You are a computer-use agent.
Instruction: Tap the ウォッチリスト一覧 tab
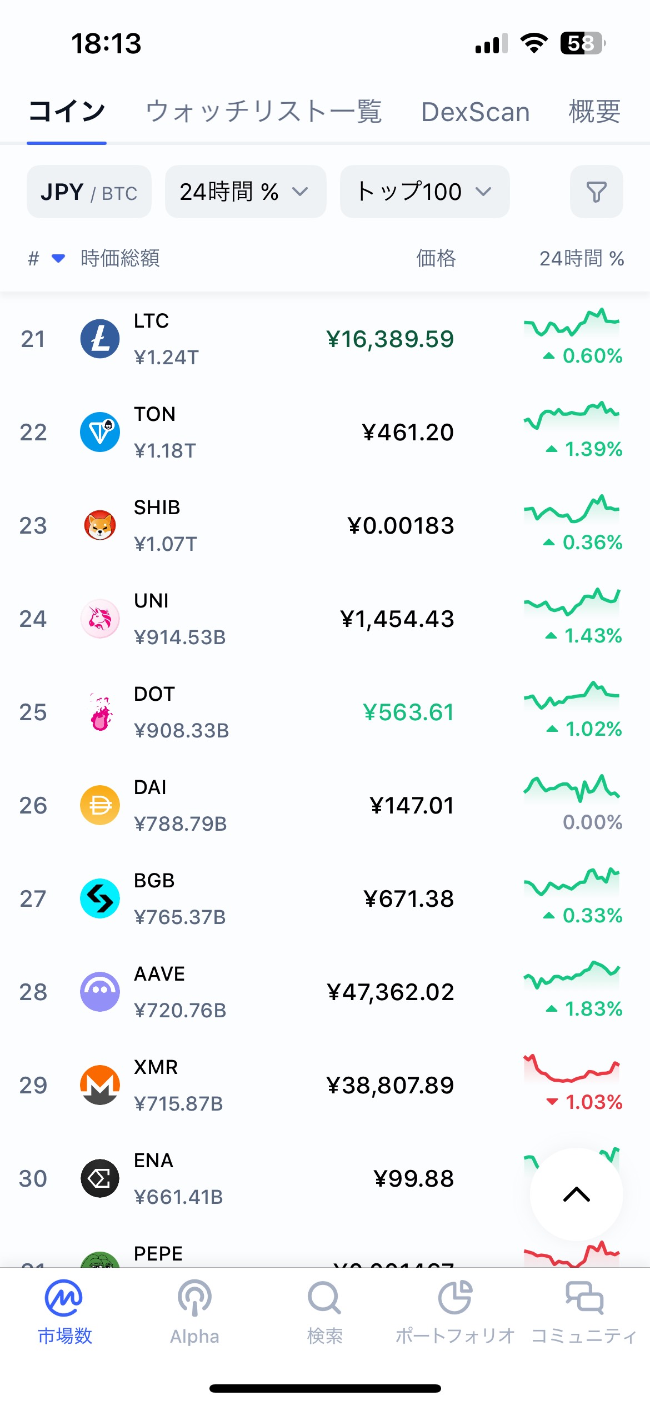[x=263, y=112]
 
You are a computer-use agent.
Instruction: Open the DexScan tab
[x=475, y=112]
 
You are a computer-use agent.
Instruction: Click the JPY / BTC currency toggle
[x=89, y=192]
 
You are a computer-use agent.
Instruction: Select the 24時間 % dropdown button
[x=245, y=192]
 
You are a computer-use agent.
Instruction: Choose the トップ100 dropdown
[x=424, y=192]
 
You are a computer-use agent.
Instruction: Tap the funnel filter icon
[x=596, y=192]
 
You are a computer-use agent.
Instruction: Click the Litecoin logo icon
[x=100, y=339]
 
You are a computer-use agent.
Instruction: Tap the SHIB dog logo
[x=100, y=525]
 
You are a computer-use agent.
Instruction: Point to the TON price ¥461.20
[x=408, y=433]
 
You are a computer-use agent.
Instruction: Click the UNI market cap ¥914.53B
[x=180, y=637]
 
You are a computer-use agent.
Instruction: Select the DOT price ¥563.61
[x=408, y=712]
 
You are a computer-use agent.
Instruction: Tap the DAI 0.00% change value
[x=592, y=822]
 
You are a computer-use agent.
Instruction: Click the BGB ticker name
[x=154, y=881]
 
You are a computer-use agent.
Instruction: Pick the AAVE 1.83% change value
[x=593, y=1009]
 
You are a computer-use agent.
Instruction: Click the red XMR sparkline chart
[x=571, y=1068]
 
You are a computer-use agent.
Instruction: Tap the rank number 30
[x=33, y=1179]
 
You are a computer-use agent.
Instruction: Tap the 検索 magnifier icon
[x=324, y=1298]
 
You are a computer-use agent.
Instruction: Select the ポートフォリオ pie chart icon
[x=455, y=1298]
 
